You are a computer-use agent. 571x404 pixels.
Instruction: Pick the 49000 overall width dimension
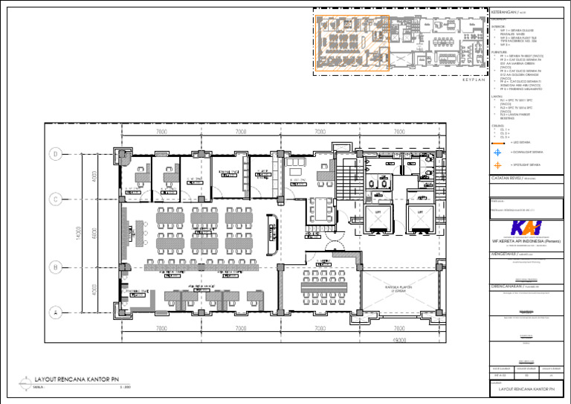click(399, 341)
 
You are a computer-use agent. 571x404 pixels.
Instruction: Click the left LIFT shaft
click(378, 217)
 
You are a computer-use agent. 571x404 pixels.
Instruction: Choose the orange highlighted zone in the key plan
click(352, 43)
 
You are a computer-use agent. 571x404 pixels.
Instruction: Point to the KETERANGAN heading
click(508, 13)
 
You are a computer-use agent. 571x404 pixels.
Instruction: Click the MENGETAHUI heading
click(507, 254)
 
